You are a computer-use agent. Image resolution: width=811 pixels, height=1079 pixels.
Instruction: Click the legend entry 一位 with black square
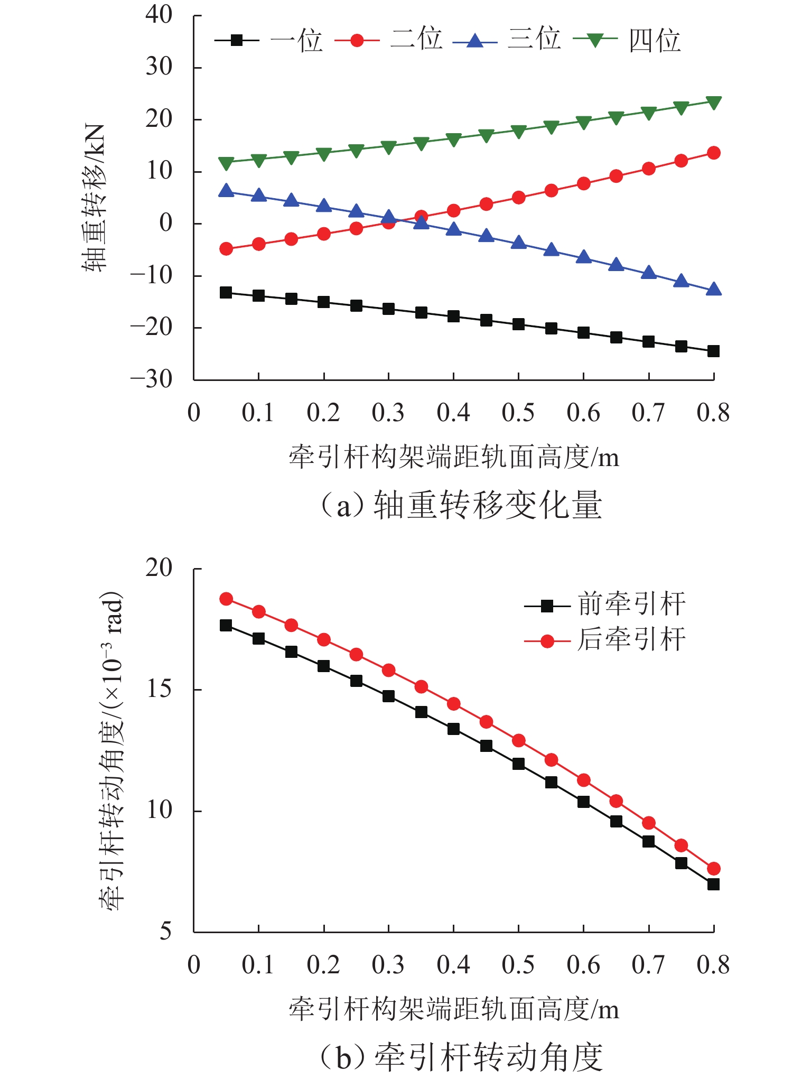(x=269, y=40)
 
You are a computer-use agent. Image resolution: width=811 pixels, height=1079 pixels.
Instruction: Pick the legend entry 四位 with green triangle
(x=627, y=40)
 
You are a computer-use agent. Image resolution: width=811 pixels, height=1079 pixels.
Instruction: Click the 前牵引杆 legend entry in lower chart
(x=605, y=605)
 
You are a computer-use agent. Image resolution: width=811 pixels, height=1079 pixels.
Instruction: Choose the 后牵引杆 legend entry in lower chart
(x=605, y=640)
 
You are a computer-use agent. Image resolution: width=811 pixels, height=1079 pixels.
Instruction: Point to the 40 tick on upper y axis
(x=159, y=15)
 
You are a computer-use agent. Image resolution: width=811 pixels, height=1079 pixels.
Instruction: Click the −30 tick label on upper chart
(x=152, y=379)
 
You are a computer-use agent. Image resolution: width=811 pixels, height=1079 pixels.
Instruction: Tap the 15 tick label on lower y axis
(x=159, y=689)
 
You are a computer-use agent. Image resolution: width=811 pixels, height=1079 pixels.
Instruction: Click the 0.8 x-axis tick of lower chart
(x=713, y=965)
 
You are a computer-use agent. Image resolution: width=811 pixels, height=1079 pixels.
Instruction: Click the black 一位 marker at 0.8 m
(x=714, y=351)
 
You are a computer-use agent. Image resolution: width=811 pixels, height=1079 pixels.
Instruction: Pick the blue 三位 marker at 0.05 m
(x=226, y=191)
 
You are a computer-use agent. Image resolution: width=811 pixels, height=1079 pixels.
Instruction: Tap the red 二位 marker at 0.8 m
(x=714, y=153)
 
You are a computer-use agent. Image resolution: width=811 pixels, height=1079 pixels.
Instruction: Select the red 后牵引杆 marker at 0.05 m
(x=226, y=599)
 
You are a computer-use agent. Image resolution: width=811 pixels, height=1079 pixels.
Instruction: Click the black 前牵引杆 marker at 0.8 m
(x=714, y=885)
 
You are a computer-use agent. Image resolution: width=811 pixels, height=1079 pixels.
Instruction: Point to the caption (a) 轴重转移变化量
(x=461, y=505)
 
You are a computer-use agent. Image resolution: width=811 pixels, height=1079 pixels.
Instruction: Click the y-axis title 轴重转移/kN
(x=94, y=198)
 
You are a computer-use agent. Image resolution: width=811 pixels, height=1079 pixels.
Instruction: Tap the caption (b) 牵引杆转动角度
(x=461, y=1056)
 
